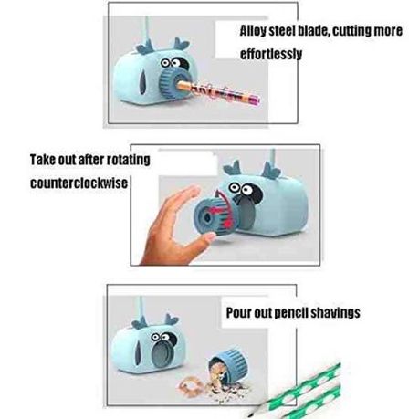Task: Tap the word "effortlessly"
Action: (x=271, y=54)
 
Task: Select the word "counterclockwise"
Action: (x=79, y=183)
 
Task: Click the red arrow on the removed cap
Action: (x=224, y=210)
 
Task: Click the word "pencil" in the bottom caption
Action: (x=291, y=313)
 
